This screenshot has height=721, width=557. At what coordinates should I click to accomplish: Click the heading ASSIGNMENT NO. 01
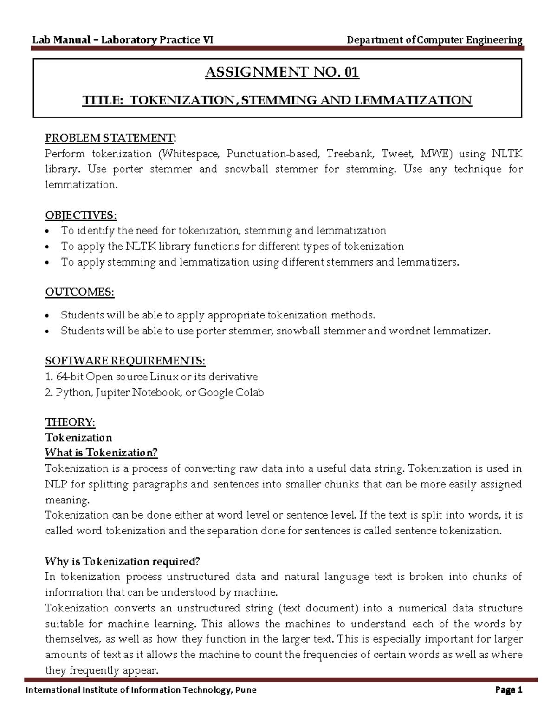click(x=282, y=72)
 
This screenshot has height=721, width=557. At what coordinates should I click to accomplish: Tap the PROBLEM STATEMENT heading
click(x=110, y=138)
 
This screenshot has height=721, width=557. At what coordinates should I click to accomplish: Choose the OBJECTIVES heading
click(x=81, y=215)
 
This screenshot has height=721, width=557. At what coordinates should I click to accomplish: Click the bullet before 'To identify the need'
click(x=48, y=232)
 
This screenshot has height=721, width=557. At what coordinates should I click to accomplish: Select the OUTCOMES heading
click(x=79, y=292)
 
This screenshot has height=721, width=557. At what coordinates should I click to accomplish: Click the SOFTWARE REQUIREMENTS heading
click(x=125, y=361)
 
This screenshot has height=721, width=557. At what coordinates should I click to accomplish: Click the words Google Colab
click(x=231, y=393)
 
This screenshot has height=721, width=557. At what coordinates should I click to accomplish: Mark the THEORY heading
click(x=70, y=422)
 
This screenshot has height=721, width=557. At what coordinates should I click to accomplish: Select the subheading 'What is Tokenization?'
click(x=101, y=453)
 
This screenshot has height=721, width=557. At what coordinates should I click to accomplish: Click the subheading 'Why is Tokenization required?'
click(x=123, y=561)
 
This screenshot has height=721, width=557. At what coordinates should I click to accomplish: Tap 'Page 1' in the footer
click(x=509, y=690)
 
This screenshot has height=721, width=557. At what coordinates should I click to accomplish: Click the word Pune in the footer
click(x=246, y=690)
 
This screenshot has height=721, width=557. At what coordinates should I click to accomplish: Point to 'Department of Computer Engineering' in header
click(x=434, y=40)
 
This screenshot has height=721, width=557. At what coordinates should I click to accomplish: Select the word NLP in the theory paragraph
click(x=56, y=484)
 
